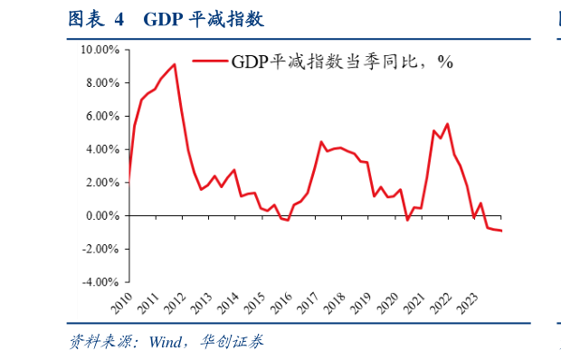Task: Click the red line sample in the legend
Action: (208, 62)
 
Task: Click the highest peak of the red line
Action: (174, 64)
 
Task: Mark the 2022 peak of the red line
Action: (448, 124)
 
